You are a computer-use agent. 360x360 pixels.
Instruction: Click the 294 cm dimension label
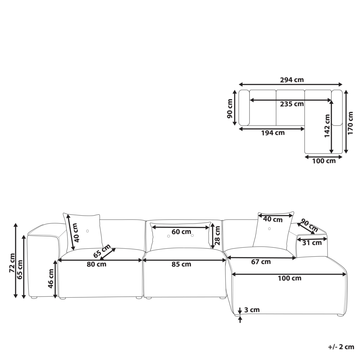(292, 80)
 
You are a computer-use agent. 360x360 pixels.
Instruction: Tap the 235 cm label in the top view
(292, 104)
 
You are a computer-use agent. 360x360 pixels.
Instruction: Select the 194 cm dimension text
(273, 133)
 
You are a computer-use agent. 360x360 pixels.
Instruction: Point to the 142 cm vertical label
(327, 126)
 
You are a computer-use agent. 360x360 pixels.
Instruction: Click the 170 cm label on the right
(350, 123)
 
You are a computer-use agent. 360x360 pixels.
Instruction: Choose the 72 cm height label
(12, 263)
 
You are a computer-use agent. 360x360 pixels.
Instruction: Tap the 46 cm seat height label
(51, 279)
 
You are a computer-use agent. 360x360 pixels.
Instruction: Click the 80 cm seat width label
(96, 264)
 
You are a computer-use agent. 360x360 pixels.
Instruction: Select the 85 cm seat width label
(181, 264)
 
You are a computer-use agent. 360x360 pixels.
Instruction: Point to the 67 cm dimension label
(261, 262)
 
